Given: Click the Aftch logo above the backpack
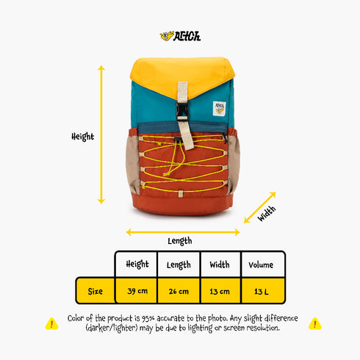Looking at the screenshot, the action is pyautogui.click(x=180, y=36).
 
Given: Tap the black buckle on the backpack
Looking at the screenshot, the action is pyautogui.click(x=181, y=111).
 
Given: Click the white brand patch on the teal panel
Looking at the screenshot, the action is pyautogui.click(x=219, y=109).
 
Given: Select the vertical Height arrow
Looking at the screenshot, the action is pyautogui.click(x=101, y=134).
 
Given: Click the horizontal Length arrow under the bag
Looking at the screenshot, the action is pyautogui.click(x=183, y=232).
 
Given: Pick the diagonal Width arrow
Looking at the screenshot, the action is pyautogui.click(x=260, y=207).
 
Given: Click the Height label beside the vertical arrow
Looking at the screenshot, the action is pyautogui.click(x=82, y=137).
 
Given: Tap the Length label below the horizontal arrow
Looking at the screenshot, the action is pyautogui.click(x=180, y=241).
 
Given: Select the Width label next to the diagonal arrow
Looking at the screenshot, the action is pyautogui.click(x=267, y=214).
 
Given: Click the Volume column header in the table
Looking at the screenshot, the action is pyautogui.click(x=261, y=264).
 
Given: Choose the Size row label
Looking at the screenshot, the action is pyautogui.click(x=96, y=291).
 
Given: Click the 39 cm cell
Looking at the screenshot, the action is pyautogui.click(x=137, y=291).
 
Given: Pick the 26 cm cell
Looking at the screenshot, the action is pyautogui.click(x=179, y=291).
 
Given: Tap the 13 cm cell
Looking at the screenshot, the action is pyautogui.click(x=220, y=292).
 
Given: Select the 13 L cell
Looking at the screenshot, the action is pyautogui.click(x=262, y=292).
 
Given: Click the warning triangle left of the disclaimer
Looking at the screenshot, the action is pyautogui.click(x=51, y=324).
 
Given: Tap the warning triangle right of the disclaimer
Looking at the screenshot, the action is pyautogui.click(x=315, y=324).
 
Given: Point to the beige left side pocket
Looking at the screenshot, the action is pyautogui.click(x=133, y=165).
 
